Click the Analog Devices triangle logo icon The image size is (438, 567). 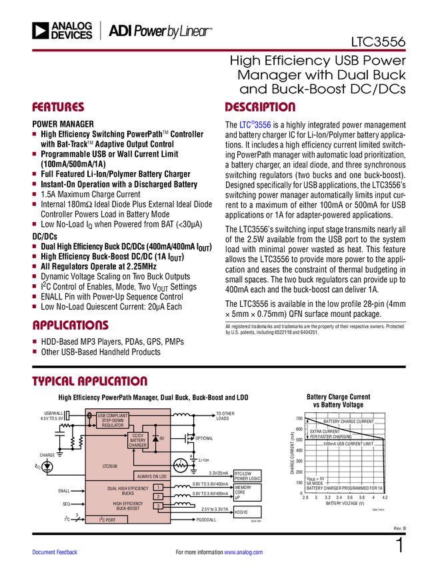pyautogui.click(x=41, y=30)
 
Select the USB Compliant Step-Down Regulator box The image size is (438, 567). pyautogui.click(x=113, y=421)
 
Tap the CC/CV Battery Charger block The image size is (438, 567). pyautogui.click(x=138, y=440)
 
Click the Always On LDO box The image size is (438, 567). pyautogui.click(x=153, y=476)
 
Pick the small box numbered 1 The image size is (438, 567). pyautogui.click(x=158, y=488)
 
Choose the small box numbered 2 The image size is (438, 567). pyautogui.click(x=158, y=497)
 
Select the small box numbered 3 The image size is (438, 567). pyautogui.click(x=158, y=506)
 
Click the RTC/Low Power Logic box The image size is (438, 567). pyautogui.click(x=247, y=476)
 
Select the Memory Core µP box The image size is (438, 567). pyautogui.click(x=247, y=492)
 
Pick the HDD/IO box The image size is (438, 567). pyautogui.click(x=247, y=512)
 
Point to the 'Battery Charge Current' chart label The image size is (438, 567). pyautogui.click(x=347, y=422)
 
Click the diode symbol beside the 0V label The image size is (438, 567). pyautogui.click(x=155, y=439)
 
